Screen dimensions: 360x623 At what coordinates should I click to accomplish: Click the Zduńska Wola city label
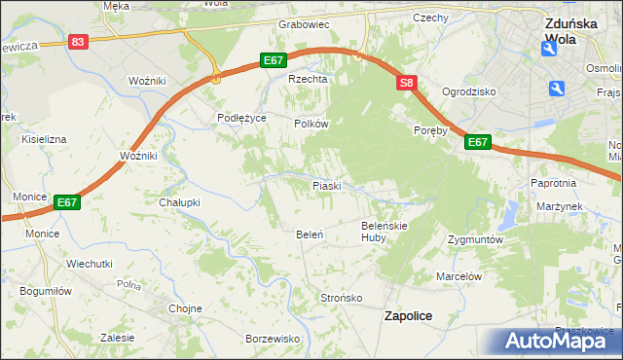point(571,35)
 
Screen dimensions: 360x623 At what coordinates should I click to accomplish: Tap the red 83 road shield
point(79,42)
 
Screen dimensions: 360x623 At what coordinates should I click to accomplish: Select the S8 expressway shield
point(407,85)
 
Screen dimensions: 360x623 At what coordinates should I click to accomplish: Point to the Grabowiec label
point(305,24)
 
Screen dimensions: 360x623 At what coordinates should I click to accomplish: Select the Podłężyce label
point(241,118)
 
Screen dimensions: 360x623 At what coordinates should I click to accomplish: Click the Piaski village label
point(325,185)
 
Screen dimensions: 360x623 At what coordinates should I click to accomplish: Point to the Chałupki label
point(179,202)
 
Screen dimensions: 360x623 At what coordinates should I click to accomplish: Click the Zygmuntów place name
point(475,239)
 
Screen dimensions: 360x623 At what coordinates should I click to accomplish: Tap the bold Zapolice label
point(409,316)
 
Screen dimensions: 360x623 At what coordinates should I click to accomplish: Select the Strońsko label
point(342,297)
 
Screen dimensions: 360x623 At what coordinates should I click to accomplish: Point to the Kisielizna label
point(44,139)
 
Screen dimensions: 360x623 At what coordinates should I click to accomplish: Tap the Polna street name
point(128,284)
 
